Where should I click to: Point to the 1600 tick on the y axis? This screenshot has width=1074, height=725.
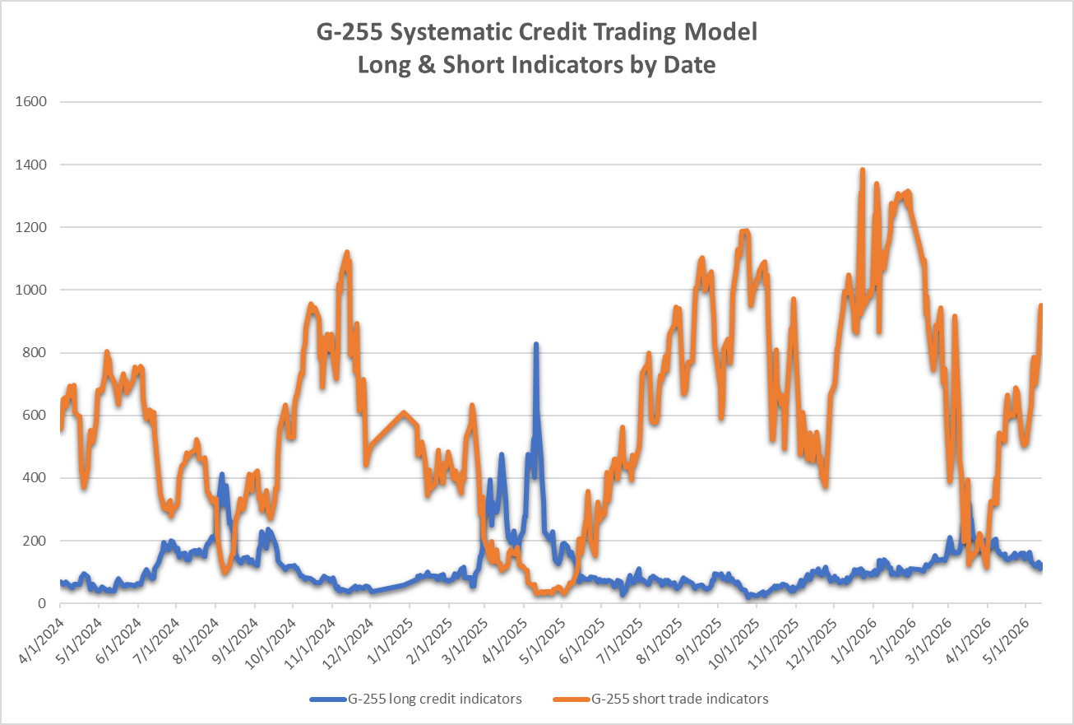pyautogui.click(x=30, y=102)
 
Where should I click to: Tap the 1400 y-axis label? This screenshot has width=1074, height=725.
pyautogui.click(x=30, y=165)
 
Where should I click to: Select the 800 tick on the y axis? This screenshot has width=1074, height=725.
pyautogui.click(x=35, y=353)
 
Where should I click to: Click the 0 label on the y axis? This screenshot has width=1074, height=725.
pyautogui.click(x=43, y=603)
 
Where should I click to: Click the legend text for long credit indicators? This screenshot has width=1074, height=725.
pyautogui.click(x=434, y=699)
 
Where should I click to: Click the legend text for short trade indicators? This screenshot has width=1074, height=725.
pyautogui.click(x=680, y=699)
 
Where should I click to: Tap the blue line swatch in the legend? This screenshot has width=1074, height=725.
pyautogui.click(x=328, y=699)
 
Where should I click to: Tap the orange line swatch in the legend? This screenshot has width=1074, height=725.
pyautogui.click(x=572, y=699)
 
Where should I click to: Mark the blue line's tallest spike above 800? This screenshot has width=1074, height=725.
pyautogui.click(x=536, y=345)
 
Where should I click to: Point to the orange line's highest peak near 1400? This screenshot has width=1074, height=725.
pyautogui.click(x=863, y=170)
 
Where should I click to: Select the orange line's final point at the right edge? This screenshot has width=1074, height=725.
pyautogui.click(x=1041, y=305)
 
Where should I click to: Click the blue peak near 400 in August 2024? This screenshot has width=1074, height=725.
pyautogui.click(x=221, y=475)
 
